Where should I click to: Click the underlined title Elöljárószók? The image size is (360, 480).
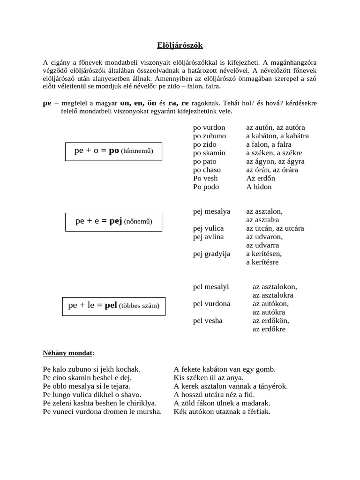click(180, 45)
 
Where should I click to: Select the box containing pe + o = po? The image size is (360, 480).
click(113, 151)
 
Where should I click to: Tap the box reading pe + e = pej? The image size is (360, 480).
click(113, 221)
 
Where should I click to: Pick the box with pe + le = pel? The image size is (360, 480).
click(113, 306)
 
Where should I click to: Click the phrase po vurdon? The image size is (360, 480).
click(209, 127)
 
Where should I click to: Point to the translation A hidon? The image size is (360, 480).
click(259, 187)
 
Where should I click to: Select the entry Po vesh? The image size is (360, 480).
click(205, 178)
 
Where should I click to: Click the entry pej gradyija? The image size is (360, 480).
click(212, 254)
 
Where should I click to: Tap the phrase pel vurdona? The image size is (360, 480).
click(212, 304)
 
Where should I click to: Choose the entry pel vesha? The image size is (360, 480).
click(208, 321)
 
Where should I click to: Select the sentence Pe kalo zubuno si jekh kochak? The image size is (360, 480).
click(91, 369)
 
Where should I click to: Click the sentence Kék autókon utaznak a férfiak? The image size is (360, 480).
click(222, 412)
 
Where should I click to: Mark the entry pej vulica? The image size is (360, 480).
click(209, 228)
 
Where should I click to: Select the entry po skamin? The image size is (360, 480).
click(209, 153)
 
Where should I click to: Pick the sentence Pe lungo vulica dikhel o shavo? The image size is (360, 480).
click(92, 395)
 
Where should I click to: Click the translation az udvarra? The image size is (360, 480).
click(262, 245)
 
